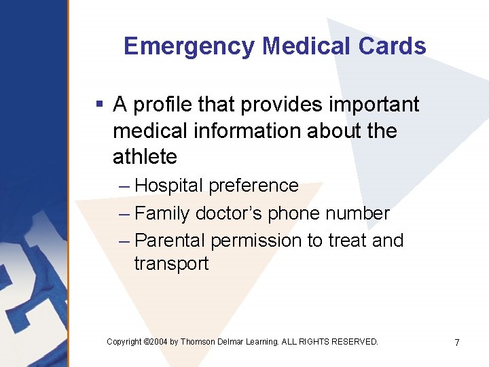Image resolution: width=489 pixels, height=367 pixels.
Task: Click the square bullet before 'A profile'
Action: tap(99, 105)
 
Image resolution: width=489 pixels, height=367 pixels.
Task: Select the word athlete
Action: tap(145, 157)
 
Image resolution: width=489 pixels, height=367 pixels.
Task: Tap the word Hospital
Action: tap(169, 186)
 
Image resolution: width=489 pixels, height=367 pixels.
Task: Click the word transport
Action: tap(171, 264)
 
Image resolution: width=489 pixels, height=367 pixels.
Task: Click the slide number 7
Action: tap(457, 343)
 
